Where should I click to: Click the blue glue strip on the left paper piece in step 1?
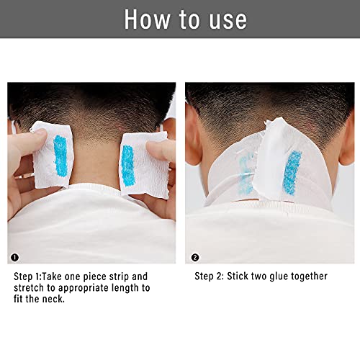[60, 152]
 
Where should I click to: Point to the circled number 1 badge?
[15, 256]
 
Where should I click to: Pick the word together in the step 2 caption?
[310, 276]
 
